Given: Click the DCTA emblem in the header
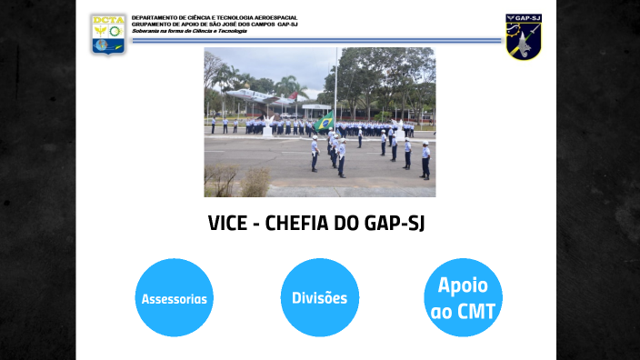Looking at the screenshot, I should coord(108,34).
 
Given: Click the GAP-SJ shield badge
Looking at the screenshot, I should coord(524,36).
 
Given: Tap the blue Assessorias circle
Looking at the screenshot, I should coord(175,298).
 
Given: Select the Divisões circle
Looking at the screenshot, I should coord(319,298).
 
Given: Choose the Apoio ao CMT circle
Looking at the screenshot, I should coord(464,298).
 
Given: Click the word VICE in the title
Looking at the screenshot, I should coord(228,224).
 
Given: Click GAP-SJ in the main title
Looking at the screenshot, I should coord(396,224).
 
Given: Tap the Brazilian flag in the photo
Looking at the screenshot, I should coord(324,123).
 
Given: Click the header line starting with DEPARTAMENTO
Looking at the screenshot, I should coord(215,17).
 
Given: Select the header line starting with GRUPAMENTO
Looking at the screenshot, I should coord(215,24).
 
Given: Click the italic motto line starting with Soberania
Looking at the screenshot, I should coord(189,30).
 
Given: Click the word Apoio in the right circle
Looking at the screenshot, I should coord(464,285).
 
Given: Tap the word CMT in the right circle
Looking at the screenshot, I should coord(477,312).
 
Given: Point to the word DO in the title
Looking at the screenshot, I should coord(350,224).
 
